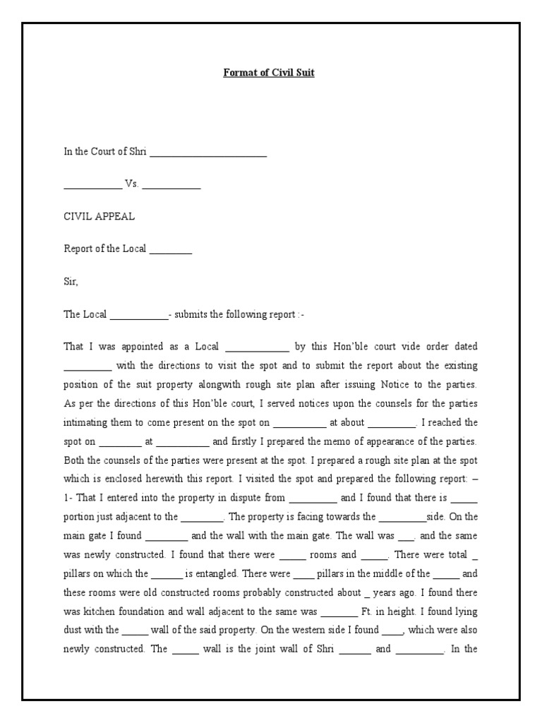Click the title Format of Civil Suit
[x=269, y=73]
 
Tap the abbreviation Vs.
[x=132, y=184]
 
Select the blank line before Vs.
[x=92, y=186]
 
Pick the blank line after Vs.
[x=171, y=186]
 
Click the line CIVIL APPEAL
[x=99, y=217]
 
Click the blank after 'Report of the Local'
[x=170, y=250]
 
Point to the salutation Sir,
[x=71, y=282]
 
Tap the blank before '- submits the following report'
[x=139, y=316]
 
